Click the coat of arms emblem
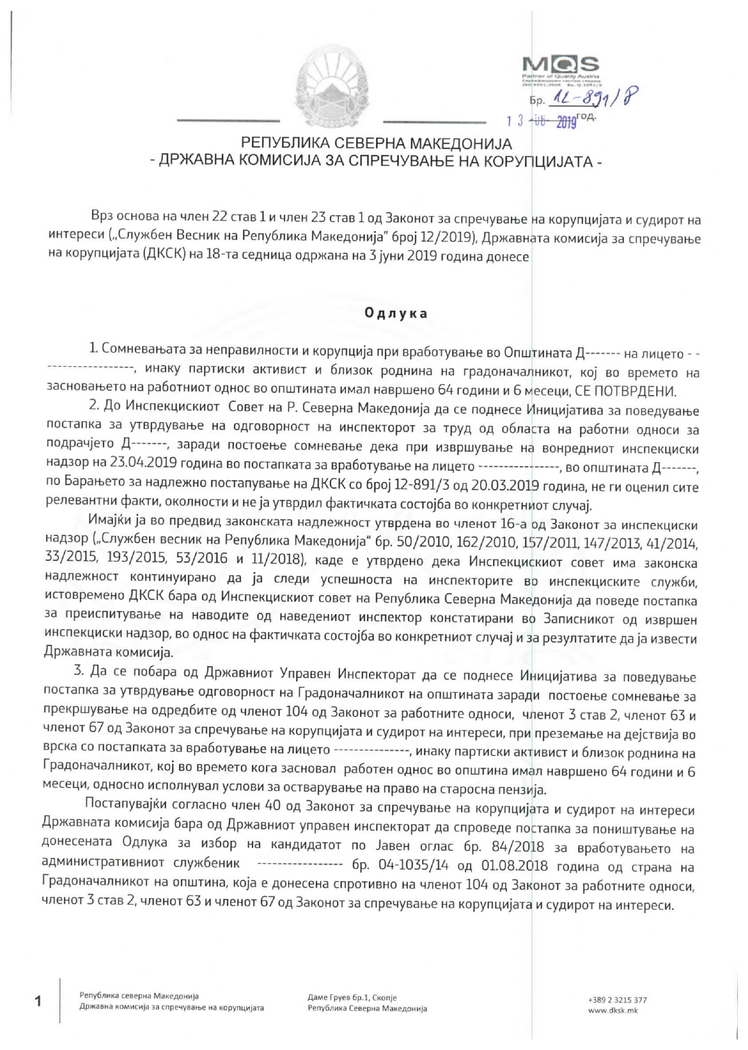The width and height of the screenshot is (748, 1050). point(332,79)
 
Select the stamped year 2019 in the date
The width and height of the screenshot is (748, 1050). point(567,122)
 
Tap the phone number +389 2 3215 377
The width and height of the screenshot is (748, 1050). point(617,1000)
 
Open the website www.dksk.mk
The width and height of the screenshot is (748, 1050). point(613,1010)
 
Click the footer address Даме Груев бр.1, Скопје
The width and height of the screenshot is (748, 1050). point(352,997)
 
